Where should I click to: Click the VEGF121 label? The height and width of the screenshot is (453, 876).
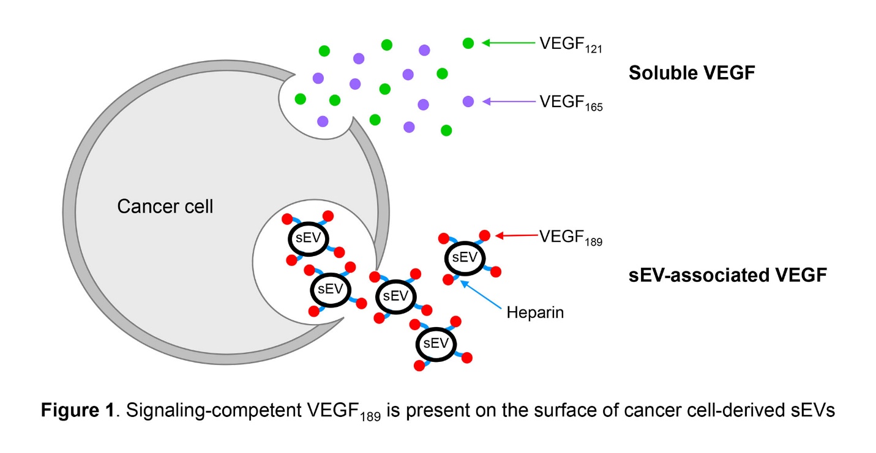571,45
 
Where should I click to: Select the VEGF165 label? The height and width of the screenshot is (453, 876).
571,103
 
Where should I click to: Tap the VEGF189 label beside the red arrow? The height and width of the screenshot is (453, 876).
571,237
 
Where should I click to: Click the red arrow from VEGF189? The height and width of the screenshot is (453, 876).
517,235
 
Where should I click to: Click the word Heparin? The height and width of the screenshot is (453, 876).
534,314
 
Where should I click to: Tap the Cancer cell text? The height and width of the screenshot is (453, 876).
165,207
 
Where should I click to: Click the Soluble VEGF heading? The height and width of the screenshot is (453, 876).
692,73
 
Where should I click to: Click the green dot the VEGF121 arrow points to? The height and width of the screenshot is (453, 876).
468,43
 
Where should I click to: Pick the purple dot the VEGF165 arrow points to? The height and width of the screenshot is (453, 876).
468,101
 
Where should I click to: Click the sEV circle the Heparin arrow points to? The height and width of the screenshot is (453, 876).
463,257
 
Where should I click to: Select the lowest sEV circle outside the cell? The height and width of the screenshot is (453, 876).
436,344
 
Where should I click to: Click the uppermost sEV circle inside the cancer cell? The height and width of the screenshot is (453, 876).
308,238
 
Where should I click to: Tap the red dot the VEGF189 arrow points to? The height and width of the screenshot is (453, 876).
484,235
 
